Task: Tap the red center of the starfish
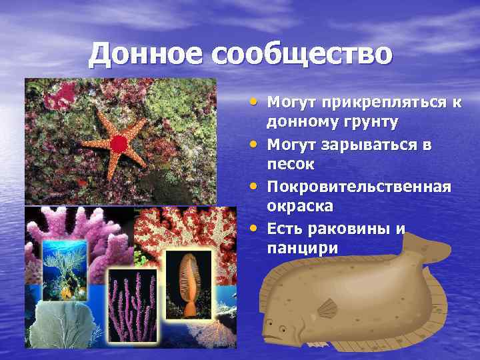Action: click(118, 143)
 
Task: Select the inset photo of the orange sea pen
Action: click(189, 284)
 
